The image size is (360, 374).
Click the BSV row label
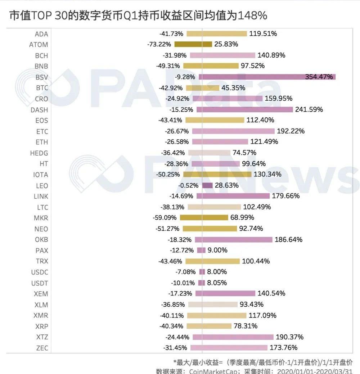pos(42,77)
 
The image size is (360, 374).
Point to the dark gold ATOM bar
pos(193,45)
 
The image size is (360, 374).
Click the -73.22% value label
pos(160,45)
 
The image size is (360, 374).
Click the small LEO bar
pos(207,185)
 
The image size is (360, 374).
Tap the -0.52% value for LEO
pos(188,185)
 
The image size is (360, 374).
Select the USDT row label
pos(39,283)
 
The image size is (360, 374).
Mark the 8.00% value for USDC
pos(217,272)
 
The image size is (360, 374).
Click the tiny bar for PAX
pos(201,250)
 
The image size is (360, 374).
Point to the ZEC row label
pos(42,348)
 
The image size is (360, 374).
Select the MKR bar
pos(204,218)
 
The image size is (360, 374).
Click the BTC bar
pos(202,88)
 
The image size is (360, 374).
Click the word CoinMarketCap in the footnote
pos(213,371)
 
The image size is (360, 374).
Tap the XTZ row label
pos(42,337)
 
